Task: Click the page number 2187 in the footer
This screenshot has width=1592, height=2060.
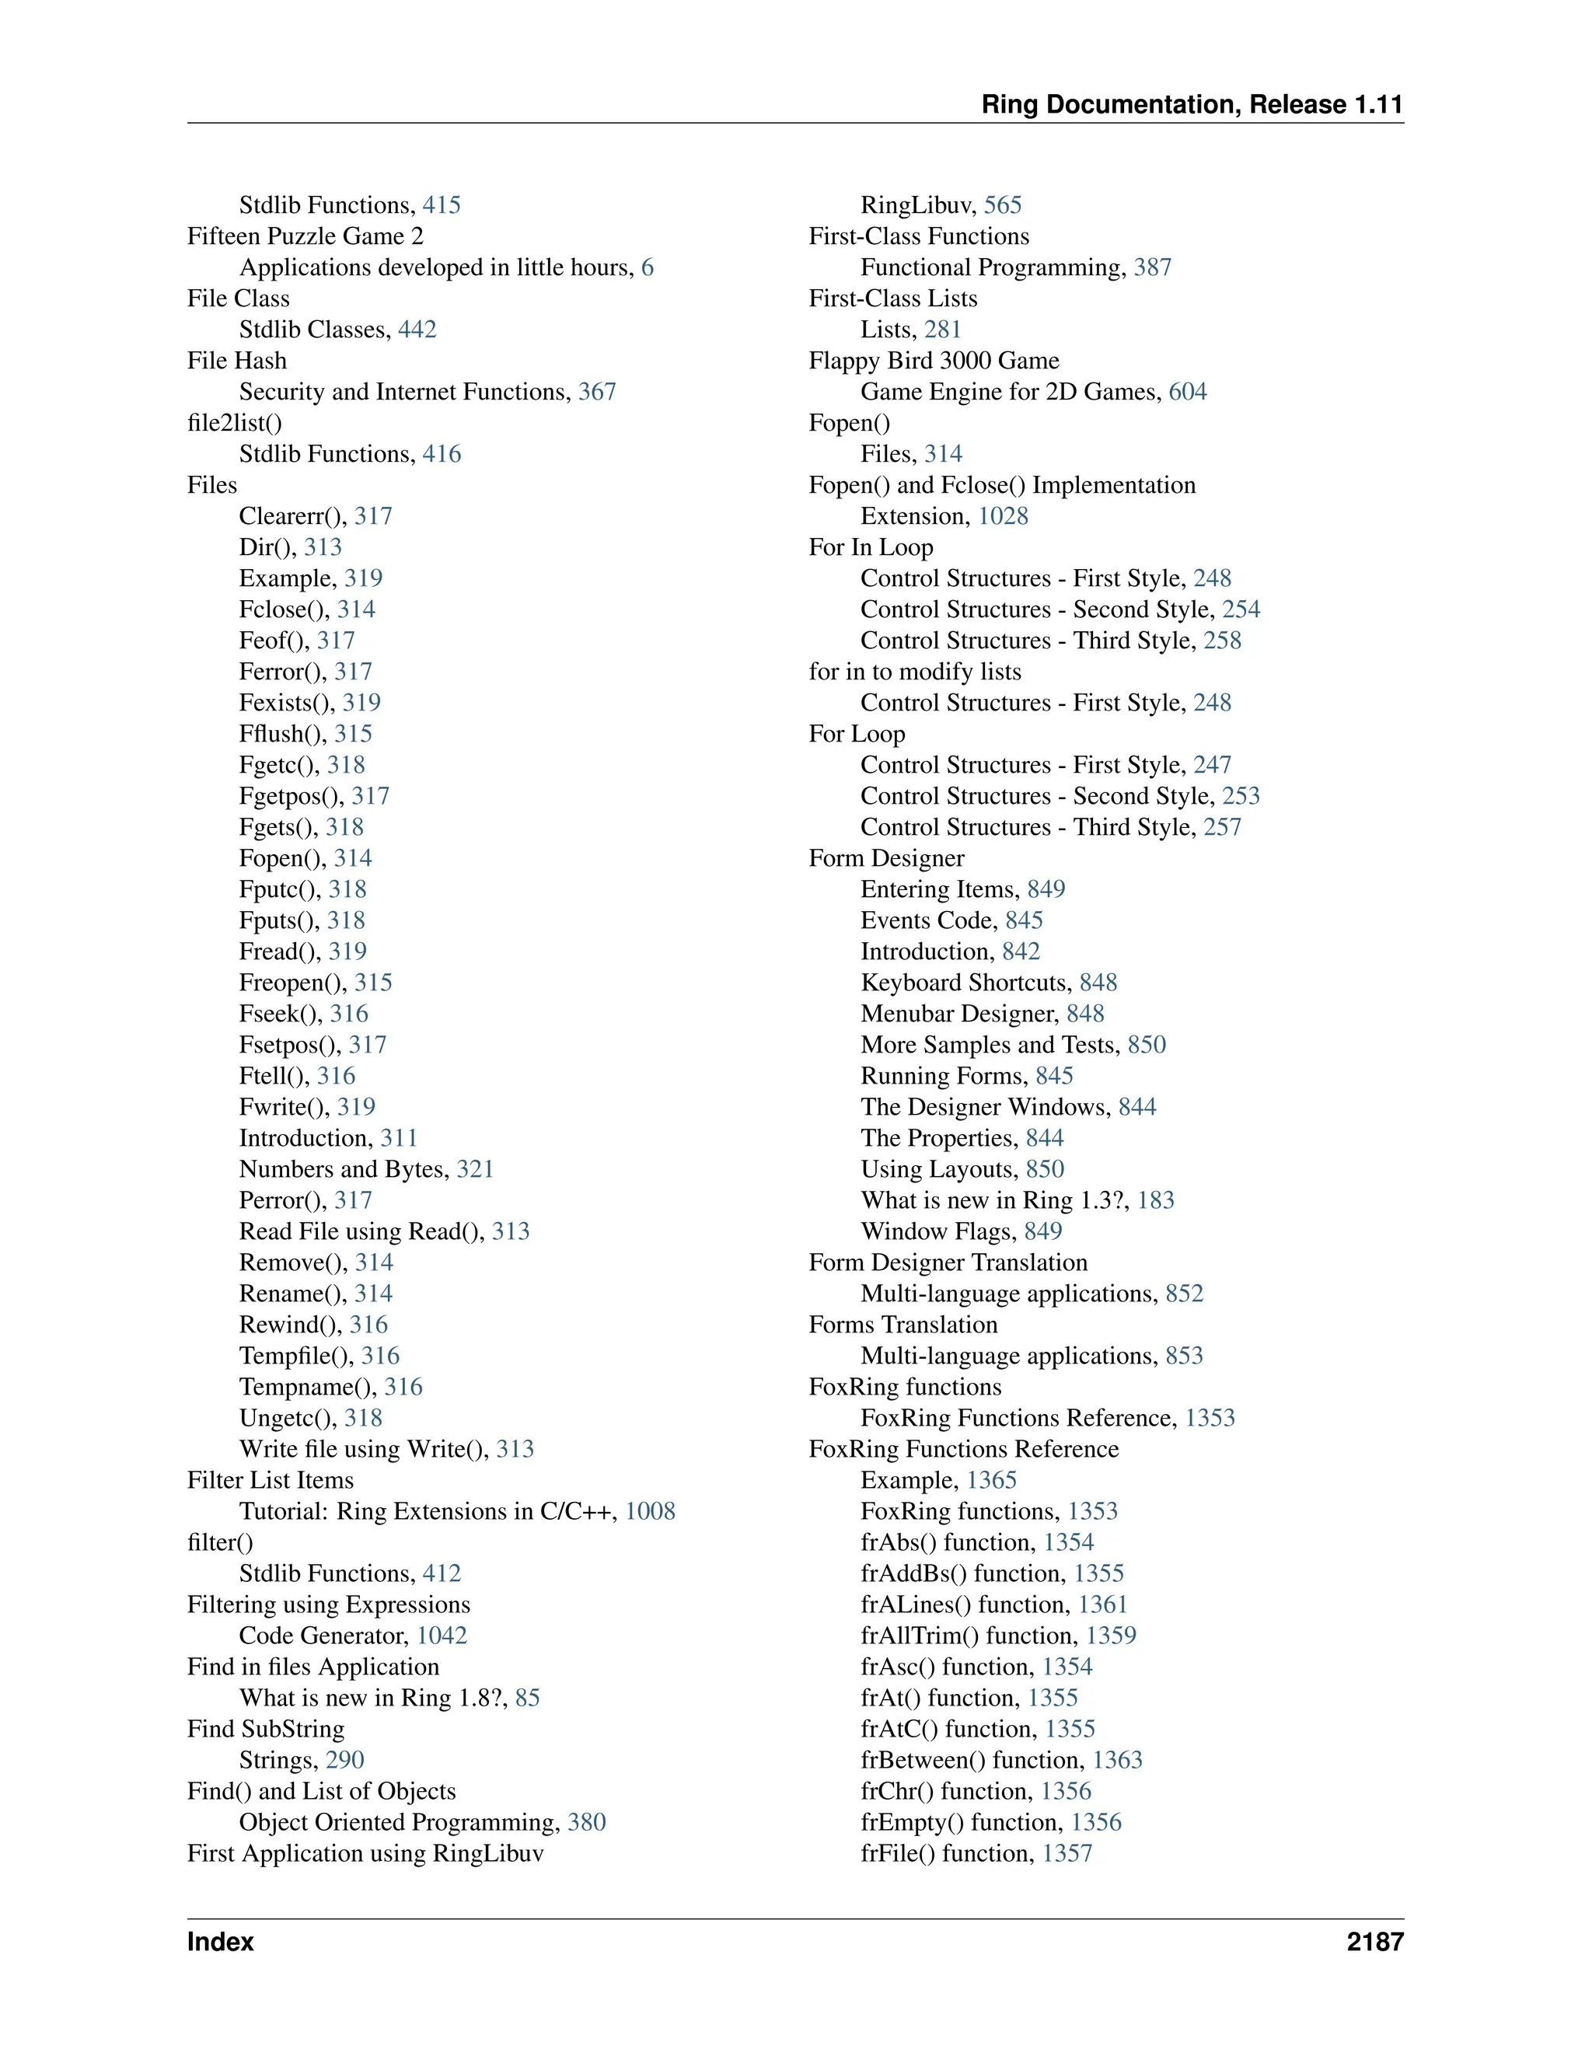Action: (x=1374, y=1941)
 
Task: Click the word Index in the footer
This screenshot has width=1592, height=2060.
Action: (x=221, y=1941)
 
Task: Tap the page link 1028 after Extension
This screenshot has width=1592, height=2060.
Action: (x=1003, y=516)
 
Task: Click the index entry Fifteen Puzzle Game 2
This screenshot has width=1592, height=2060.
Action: (x=305, y=236)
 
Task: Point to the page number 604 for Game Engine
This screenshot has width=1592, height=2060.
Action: (x=1188, y=392)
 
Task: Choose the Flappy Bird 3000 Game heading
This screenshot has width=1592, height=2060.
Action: (x=934, y=361)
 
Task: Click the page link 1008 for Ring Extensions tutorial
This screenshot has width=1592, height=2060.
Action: (x=650, y=1511)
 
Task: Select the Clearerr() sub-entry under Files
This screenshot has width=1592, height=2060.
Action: (x=292, y=516)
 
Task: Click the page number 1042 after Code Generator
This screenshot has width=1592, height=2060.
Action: (x=442, y=1636)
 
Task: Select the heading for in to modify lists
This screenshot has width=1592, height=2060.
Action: (x=915, y=672)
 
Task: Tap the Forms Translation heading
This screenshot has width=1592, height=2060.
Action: (x=902, y=1325)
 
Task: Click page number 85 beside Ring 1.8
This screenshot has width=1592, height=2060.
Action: (x=527, y=1698)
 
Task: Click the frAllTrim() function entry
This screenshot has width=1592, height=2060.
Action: (x=969, y=1636)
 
